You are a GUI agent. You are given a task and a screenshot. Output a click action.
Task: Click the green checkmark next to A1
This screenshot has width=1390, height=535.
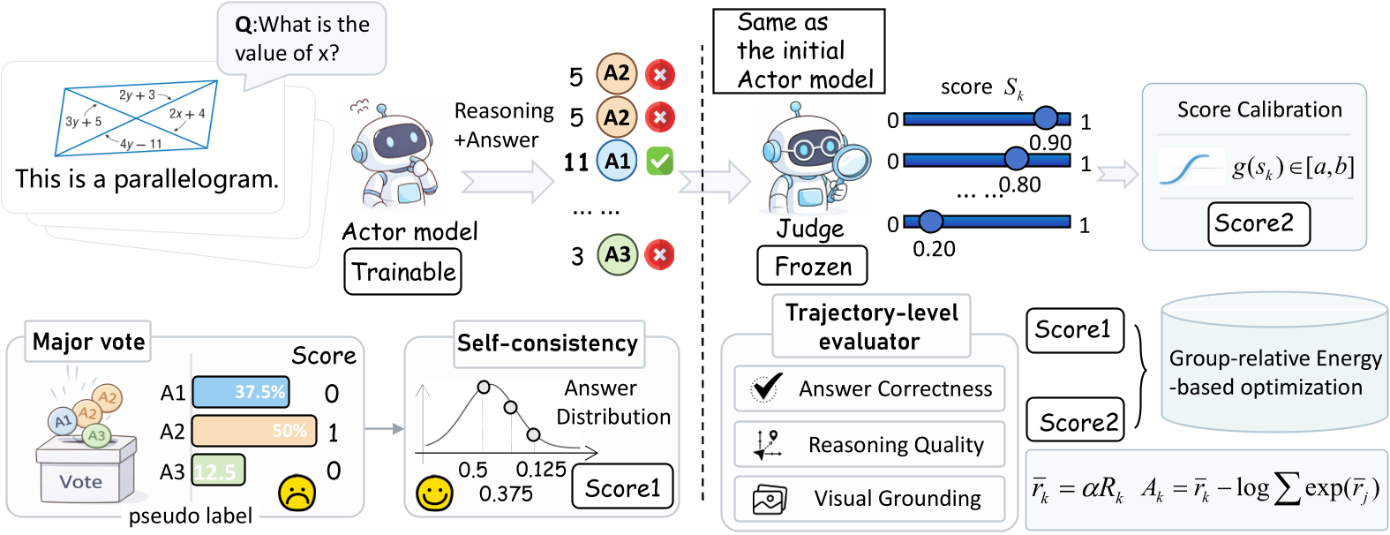tap(659, 161)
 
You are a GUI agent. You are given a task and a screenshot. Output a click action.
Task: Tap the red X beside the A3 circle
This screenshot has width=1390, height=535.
tap(659, 255)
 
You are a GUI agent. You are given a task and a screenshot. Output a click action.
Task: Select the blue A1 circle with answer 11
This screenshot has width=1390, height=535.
tap(617, 161)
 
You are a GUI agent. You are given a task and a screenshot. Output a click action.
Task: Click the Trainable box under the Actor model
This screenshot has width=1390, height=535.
tap(402, 272)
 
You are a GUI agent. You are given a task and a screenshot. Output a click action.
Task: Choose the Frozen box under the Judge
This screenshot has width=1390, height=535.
tap(812, 266)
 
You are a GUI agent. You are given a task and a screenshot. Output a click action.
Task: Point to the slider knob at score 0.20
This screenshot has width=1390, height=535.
tap(930, 222)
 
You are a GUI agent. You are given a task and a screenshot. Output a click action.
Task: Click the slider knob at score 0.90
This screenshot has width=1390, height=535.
tap(1046, 117)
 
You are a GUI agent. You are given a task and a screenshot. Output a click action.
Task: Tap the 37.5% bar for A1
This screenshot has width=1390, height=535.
tap(240, 392)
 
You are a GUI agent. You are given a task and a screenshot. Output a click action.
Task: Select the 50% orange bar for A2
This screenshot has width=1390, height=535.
tap(253, 431)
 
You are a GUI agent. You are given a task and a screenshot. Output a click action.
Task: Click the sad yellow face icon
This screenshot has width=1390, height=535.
tap(297, 494)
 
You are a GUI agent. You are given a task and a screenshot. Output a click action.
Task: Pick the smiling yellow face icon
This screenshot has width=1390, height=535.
tap(434, 494)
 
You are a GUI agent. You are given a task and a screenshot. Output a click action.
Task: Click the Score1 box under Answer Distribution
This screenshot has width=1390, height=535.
tap(622, 486)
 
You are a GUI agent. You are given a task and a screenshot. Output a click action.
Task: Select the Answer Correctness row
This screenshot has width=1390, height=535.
tap(869, 388)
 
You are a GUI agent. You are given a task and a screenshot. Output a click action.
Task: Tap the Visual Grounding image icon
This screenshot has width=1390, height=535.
tap(769, 499)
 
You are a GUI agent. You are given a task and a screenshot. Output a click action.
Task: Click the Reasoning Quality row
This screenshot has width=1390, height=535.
tap(869, 444)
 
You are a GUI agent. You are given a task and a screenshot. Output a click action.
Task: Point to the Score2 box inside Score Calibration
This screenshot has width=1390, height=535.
tap(1258, 224)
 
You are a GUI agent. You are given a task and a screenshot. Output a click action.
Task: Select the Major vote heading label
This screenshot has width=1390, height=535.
tap(88, 342)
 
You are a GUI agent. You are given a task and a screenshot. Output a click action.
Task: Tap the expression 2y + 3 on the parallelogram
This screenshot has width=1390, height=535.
tap(137, 94)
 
